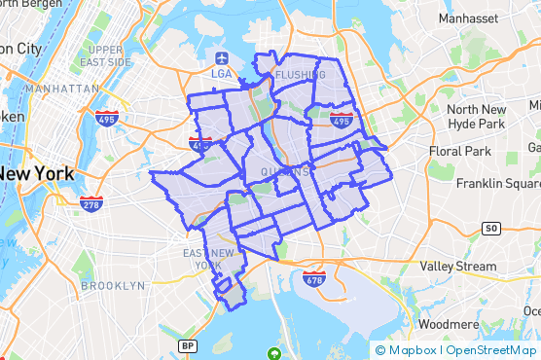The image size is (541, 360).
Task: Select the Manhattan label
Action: (62, 88)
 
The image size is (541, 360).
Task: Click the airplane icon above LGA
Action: (221, 56)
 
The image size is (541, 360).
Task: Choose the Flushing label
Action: (301, 75)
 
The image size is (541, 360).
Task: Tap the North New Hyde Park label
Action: (476, 117)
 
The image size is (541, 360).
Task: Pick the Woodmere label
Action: (449, 324)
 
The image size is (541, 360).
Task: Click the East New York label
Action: (208, 260)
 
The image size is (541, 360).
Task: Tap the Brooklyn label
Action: (113, 286)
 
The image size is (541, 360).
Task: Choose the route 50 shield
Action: (491, 229)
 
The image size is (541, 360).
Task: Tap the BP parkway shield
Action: (189, 345)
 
